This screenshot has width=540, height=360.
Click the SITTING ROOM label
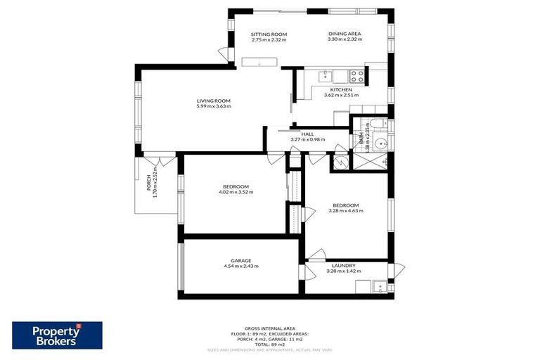[269, 34]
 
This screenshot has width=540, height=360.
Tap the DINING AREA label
[345, 34]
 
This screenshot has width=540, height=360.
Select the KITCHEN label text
[341, 89]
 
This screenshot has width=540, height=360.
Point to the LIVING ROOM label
[213, 101]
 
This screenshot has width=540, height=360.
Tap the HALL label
[307, 134]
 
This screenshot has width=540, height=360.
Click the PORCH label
[148, 183]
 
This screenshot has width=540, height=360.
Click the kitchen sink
[325, 75]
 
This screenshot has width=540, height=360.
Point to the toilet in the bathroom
[378, 125]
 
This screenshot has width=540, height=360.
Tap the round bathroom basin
[380, 143]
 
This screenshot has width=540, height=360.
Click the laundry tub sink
[379, 285]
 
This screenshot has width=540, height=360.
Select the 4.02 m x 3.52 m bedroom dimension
[236, 192]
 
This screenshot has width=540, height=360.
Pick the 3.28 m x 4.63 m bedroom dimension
[345, 211]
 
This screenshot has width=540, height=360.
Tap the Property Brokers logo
[57, 335]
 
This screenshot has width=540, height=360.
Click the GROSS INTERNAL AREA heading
[270, 328]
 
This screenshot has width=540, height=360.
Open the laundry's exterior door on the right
[399, 269]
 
